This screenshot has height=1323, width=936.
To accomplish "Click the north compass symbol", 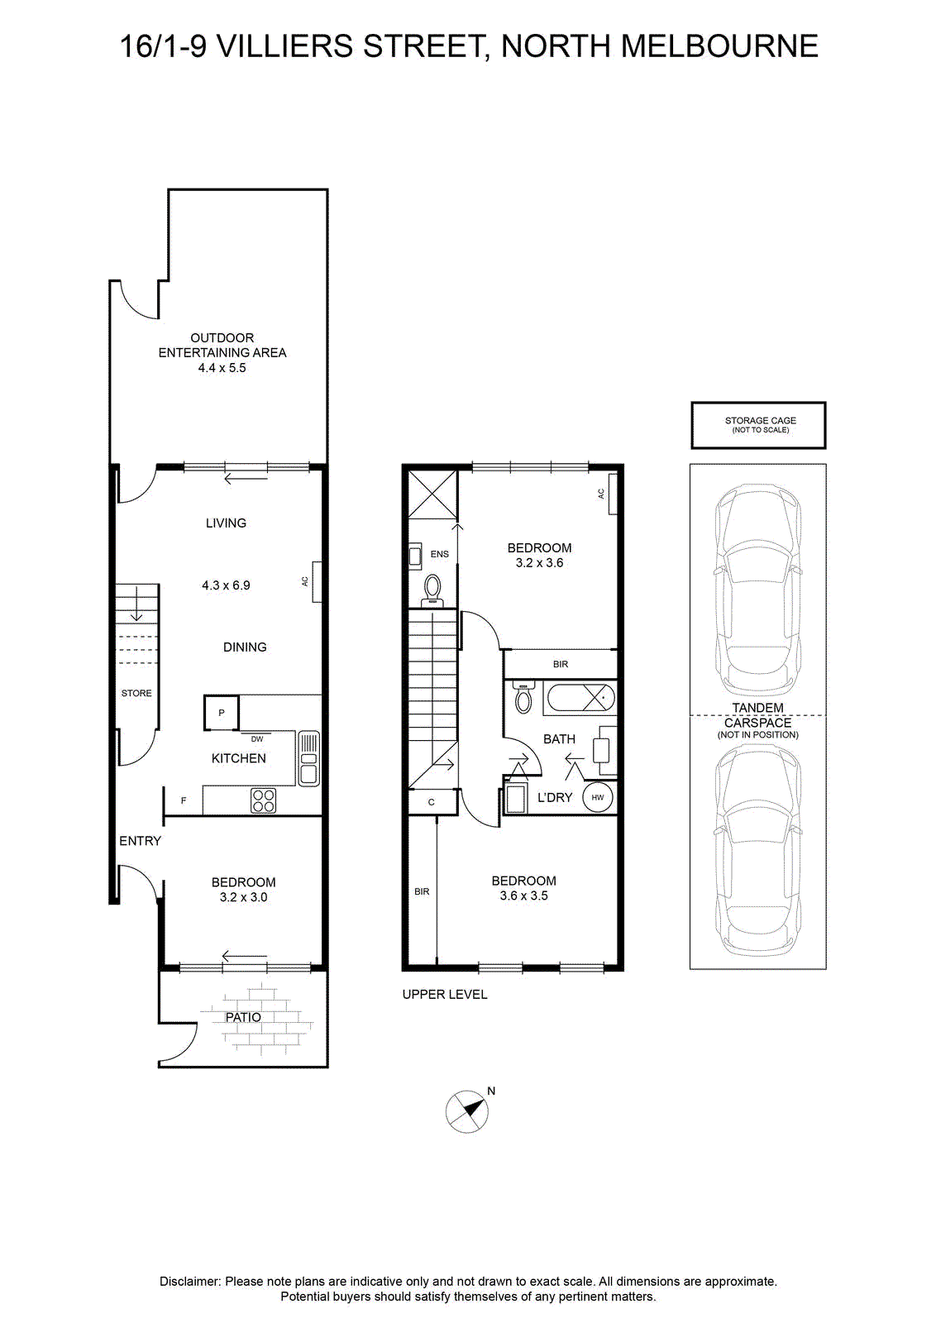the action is point(467,1111).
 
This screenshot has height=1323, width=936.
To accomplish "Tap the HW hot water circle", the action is point(598,797).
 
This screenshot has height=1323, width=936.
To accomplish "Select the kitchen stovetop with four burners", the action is point(264,801).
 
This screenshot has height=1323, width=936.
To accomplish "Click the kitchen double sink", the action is point(308,759).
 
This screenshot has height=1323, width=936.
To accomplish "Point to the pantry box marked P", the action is point(222,713).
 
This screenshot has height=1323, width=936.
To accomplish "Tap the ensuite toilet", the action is point(433,590).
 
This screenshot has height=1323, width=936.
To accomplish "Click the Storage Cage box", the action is point(758,425).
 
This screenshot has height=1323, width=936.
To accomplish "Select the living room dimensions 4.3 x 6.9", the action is point(227,585).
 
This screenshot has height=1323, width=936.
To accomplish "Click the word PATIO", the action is point(243,1018).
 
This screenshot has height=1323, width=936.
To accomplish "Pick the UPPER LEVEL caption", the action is point(445,995).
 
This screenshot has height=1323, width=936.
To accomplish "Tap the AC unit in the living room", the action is point(318,582).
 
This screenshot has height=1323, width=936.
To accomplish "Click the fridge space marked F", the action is point(184,801).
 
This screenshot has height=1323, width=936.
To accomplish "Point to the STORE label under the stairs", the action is point(136,694).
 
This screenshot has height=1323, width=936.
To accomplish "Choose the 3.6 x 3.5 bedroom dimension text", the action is point(523,896).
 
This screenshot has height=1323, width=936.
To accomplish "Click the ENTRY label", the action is point(140,841).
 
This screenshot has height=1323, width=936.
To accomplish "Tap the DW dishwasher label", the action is point(257,739).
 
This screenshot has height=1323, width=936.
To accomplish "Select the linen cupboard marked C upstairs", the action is point(432,802).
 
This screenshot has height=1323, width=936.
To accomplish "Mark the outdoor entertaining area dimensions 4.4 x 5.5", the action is point(222,367).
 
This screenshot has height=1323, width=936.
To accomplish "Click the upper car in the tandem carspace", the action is point(758,590).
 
